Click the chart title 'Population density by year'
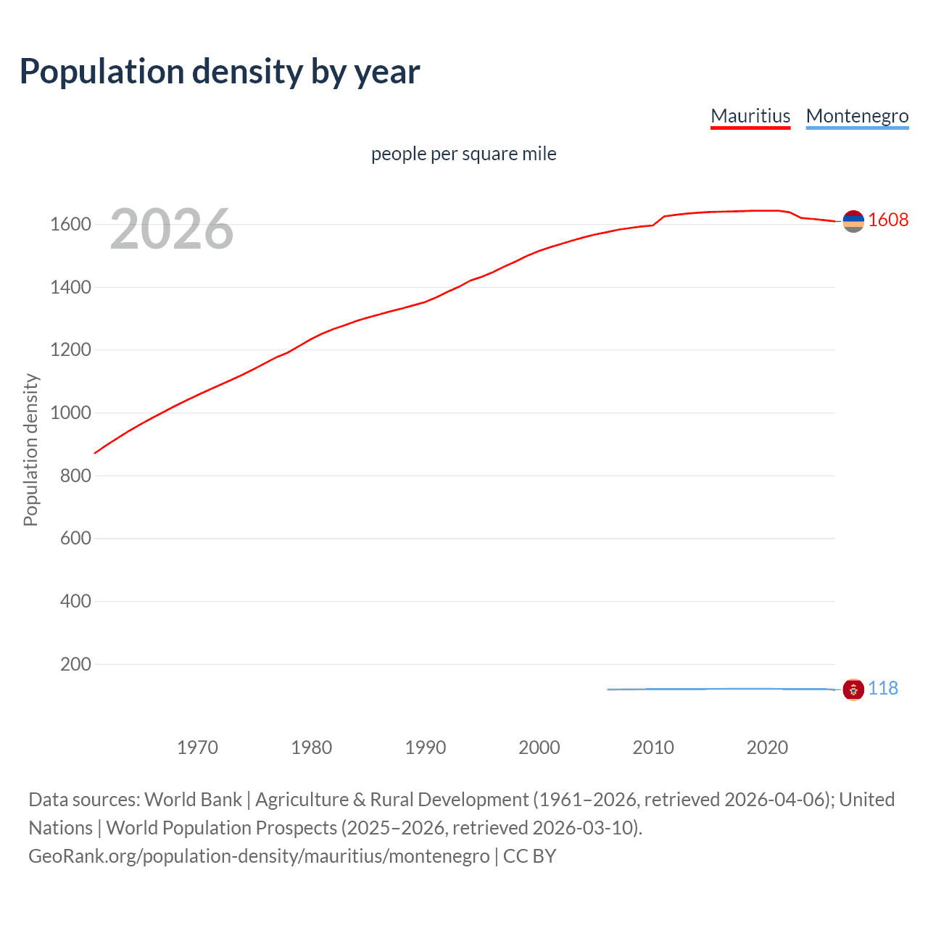click(x=220, y=72)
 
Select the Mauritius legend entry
click(x=750, y=116)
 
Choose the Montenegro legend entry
click(x=857, y=116)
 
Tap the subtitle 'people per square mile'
click(x=463, y=154)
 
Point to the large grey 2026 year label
click(x=172, y=229)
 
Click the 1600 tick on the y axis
click(x=70, y=224)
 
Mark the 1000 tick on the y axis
click(x=70, y=413)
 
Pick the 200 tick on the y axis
click(x=75, y=664)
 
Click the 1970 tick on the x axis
click(x=197, y=747)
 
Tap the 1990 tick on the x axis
click(x=426, y=747)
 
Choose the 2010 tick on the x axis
click(x=653, y=747)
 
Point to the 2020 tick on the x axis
click(x=767, y=747)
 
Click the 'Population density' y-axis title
click(x=30, y=449)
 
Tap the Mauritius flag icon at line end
click(x=853, y=221)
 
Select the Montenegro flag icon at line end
click(x=853, y=689)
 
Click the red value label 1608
click(x=888, y=220)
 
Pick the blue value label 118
click(x=883, y=688)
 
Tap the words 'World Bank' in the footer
click(x=193, y=800)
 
